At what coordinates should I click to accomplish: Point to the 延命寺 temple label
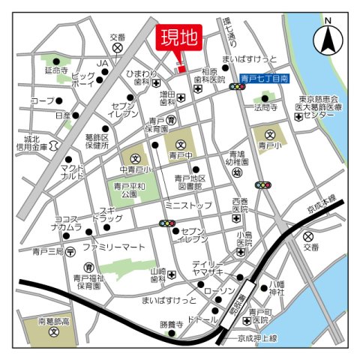pyautogui.click(x=56, y=71)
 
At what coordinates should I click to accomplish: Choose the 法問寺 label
pyautogui.click(x=265, y=108)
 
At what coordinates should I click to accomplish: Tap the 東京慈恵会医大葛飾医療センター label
pyautogui.click(x=319, y=107)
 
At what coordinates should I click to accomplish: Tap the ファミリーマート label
pyautogui.click(x=114, y=245)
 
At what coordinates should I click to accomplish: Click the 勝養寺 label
pyautogui.click(x=170, y=324)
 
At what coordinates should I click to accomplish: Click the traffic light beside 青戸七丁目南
pyautogui.click(x=238, y=87)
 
